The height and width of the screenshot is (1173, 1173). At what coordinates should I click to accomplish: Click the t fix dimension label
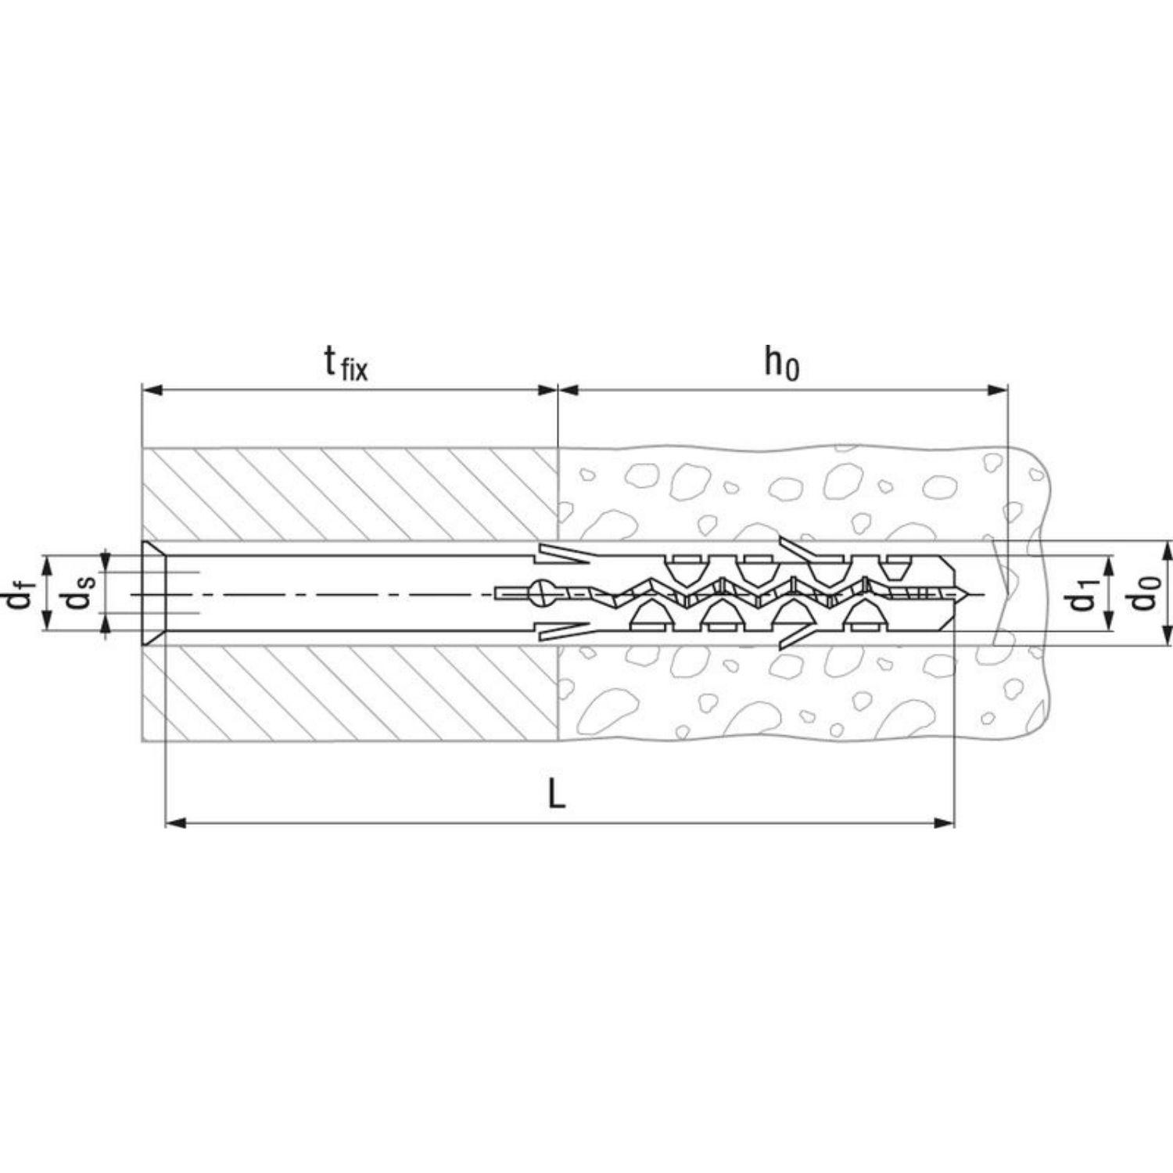click(346, 364)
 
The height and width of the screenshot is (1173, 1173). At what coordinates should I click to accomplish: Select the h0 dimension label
click(782, 363)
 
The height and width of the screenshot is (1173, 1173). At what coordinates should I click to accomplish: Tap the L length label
click(556, 795)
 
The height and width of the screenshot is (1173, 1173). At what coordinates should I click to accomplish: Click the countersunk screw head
click(153, 593)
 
